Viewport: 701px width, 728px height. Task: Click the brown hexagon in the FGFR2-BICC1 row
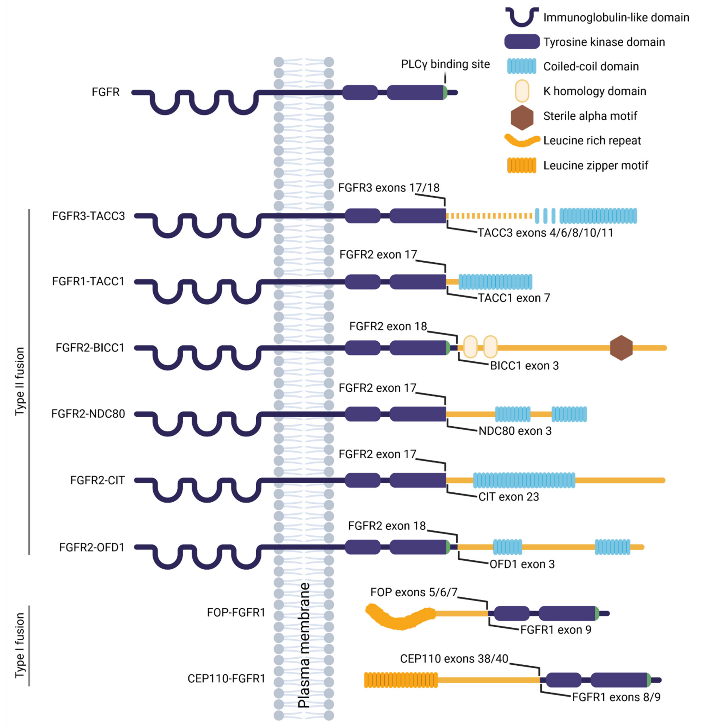click(x=621, y=348)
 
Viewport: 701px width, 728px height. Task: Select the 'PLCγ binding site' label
click(x=445, y=64)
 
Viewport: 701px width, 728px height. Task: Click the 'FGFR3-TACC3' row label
click(x=88, y=216)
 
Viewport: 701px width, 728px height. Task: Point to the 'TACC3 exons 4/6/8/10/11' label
click(x=545, y=233)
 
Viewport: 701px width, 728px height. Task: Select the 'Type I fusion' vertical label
click(x=20, y=645)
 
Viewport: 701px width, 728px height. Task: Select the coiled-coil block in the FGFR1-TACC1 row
click(x=495, y=281)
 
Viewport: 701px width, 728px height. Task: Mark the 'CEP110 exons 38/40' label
click(x=454, y=659)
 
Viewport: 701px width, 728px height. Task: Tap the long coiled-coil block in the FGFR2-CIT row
click(x=524, y=480)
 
